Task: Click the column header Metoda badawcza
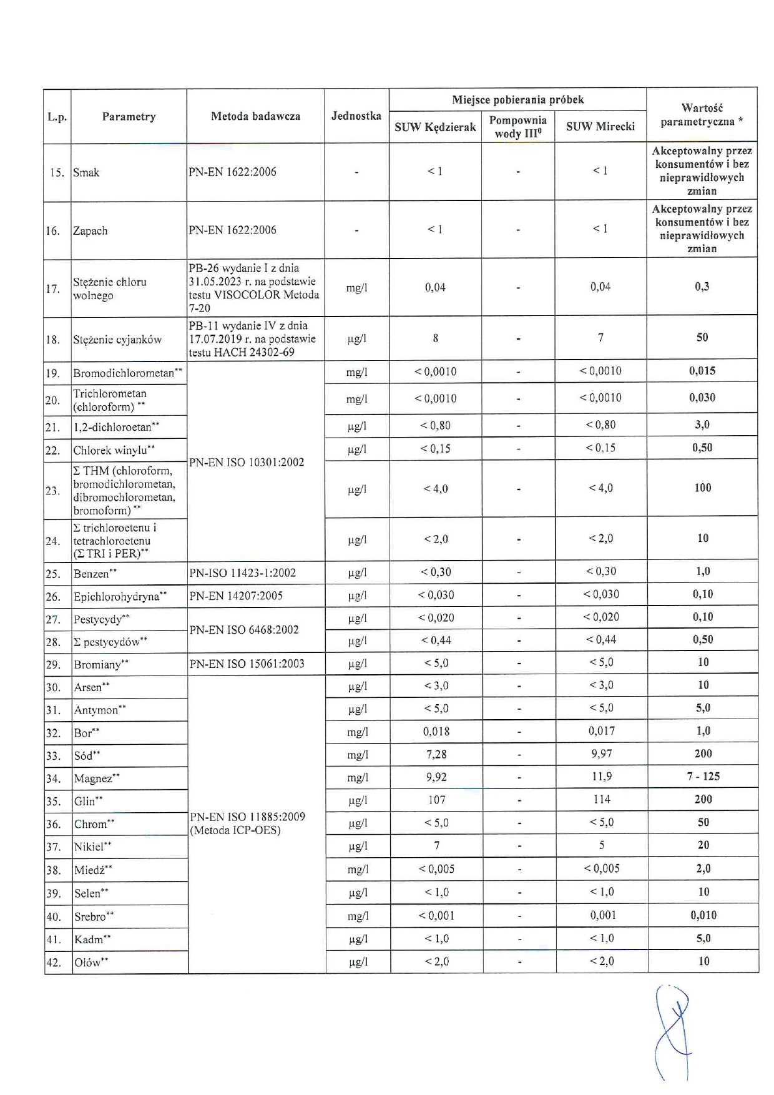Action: [255, 116]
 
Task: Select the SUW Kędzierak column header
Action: [435, 127]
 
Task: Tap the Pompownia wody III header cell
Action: [517, 127]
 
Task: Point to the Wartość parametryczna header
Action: [702, 115]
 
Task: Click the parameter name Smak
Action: [86, 172]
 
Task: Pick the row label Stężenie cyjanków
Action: [117, 340]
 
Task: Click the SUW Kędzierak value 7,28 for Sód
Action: [436, 754]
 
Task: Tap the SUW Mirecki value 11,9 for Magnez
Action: [601, 777]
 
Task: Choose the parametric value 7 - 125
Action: [703, 776]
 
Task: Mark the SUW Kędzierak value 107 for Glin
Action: [436, 800]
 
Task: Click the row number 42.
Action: [53, 963]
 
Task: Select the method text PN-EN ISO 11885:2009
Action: [247, 817]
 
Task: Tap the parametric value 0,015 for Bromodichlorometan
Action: [702, 370]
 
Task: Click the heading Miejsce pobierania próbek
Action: [517, 99]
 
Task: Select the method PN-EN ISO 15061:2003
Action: [247, 664]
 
